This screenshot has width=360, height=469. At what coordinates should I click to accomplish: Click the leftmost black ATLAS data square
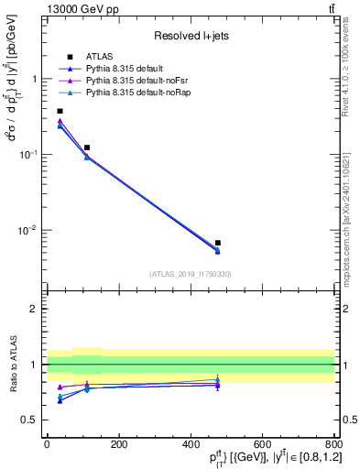coord(60,111)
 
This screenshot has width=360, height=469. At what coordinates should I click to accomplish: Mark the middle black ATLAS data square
coord(87,147)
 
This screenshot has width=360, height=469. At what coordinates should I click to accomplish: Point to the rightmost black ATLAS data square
coord(217,243)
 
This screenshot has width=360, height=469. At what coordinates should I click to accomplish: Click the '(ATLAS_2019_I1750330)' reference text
coord(190,274)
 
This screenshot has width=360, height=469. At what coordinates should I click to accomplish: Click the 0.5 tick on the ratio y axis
coord(30,420)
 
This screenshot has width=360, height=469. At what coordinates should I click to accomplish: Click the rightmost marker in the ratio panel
coord(217,379)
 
